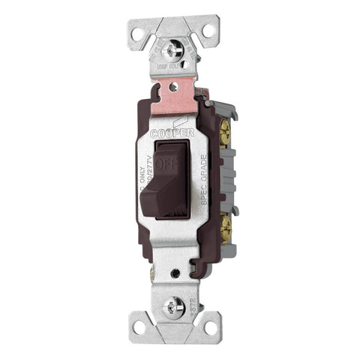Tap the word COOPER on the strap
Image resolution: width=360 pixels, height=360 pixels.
tap(173, 133)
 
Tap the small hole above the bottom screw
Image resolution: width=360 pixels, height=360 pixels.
tap(175, 273)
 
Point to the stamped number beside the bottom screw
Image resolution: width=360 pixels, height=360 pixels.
tap(197, 304)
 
